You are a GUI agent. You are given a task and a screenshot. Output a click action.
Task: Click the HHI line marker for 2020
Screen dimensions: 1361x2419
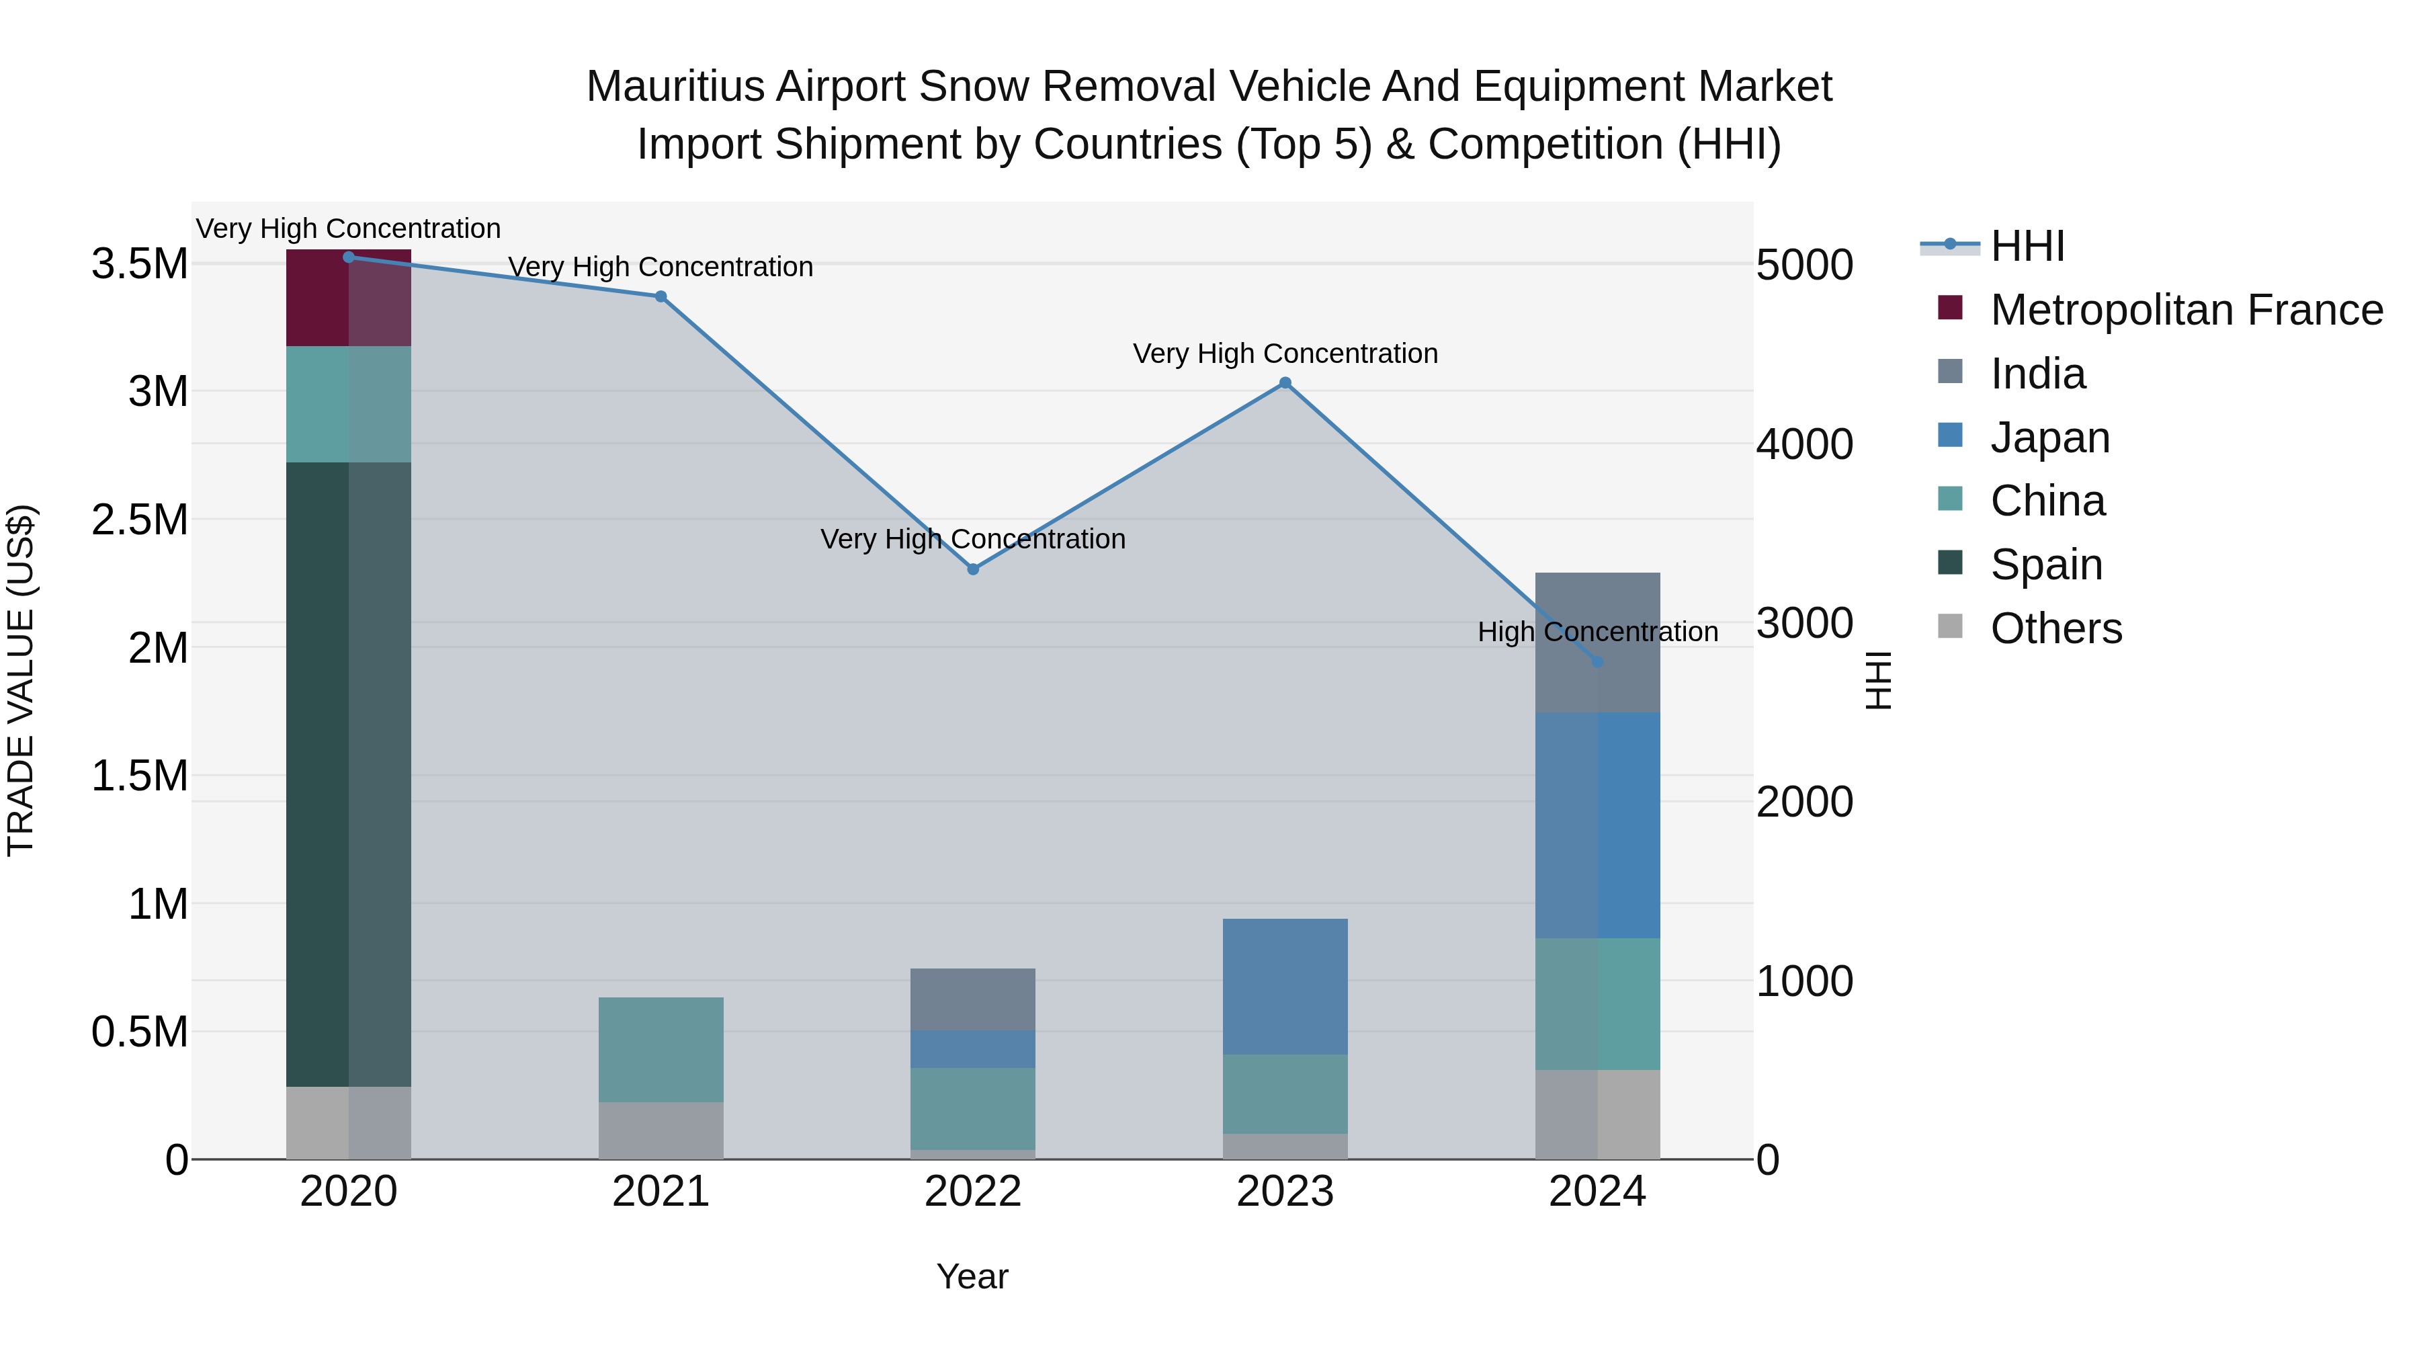pos(348,257)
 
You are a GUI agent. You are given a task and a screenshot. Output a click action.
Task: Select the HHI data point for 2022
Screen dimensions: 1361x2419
pos(973,569)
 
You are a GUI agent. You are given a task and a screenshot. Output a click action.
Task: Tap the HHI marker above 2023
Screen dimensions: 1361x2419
pos(1285,383)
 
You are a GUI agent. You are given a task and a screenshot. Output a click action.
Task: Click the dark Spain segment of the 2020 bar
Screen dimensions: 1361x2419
pos(348,774)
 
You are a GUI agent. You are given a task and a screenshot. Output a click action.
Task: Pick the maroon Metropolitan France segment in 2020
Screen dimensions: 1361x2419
pos(348,298)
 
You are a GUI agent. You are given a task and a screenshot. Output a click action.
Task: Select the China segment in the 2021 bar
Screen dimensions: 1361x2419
pos(661,1049)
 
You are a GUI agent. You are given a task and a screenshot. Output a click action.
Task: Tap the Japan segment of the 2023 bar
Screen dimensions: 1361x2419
pos(1285,986)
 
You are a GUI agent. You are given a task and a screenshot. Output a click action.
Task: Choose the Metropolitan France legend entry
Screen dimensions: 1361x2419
pos(2186,310)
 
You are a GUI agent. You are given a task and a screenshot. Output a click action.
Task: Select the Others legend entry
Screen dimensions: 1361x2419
pos(2055,628)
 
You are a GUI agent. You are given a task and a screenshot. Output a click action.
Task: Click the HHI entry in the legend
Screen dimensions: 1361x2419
pos(2027,246)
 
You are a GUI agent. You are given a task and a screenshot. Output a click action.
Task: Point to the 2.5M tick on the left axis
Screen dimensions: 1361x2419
pos(140,520)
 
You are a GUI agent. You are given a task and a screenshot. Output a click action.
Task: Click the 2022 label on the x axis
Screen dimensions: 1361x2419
pos(973,1192)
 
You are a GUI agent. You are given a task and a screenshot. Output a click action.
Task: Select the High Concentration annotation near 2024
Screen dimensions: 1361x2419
pos(1597,632)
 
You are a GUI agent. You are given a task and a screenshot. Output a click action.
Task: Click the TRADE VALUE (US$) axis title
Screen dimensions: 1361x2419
pos(22,680)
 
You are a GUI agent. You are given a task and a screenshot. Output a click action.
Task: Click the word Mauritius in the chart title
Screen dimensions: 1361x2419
pos(675,87)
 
